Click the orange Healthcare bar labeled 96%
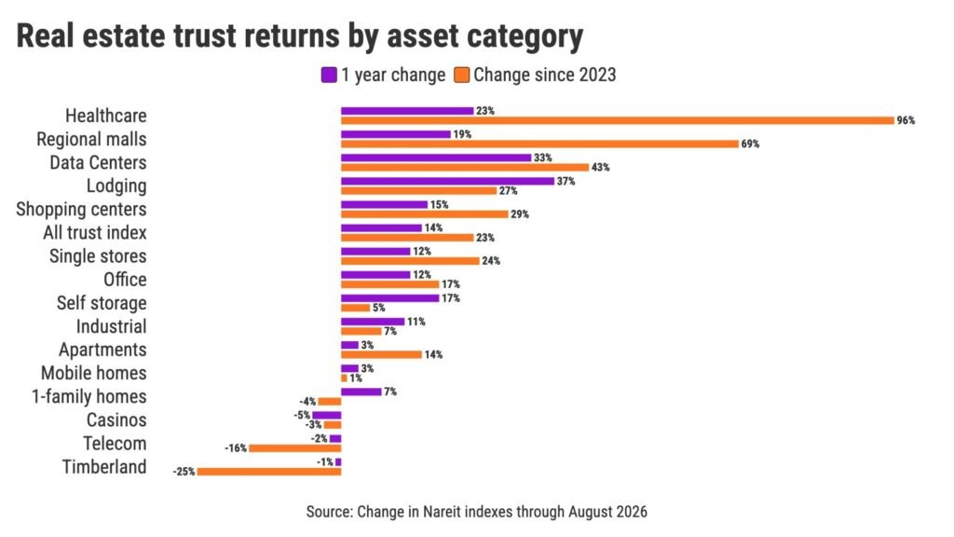[x=617, y=120]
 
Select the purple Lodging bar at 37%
[x=447, y=181]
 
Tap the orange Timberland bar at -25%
[x=269, y=472]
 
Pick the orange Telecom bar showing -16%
[x=295, y=448]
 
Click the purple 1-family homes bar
[x=361, y=392]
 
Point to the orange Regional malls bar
[x=539, y=144]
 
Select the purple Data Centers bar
[x=436, y=158]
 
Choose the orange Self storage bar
[x=355, y=308]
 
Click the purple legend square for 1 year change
[x=329, y=75]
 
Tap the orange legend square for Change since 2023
[x=462, y=75]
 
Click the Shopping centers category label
[x=81, y=210]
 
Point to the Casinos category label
[x=116, y=420]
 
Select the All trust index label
[x=95, y=232]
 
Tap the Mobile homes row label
[x=94, y=373]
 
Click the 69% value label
[x=750, y=145]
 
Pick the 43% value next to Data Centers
[x=601, y=168]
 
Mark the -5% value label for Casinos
[x=302, y=415]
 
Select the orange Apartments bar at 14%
[x=381, y=354]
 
